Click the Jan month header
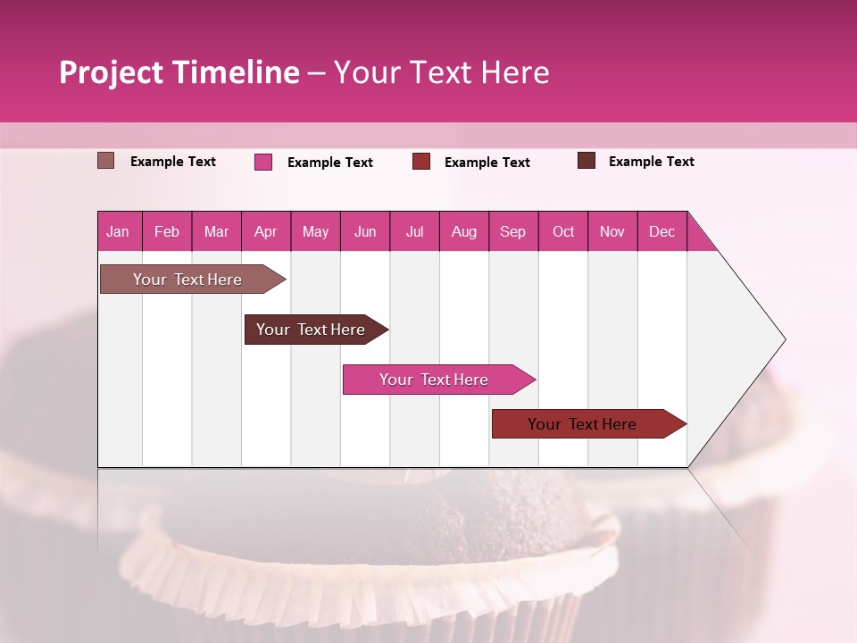[119, 231]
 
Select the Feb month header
[167, 231]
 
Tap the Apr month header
[266, 231]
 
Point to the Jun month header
[365, 231]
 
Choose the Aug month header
[464, 231]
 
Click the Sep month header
[513, 231]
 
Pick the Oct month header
[563, 231]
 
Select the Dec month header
[662, 231]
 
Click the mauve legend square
[106, 161]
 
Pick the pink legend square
[263, 162]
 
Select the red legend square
[421, 162]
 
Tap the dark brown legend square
[587, 161]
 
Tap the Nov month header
[612, 231]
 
